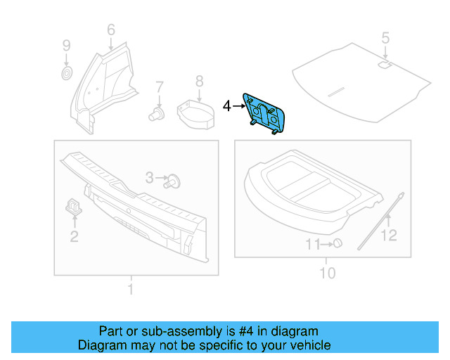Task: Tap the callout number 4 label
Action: [226, 106]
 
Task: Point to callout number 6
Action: [110, 30]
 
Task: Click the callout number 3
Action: [150, 179]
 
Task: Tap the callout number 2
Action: [74, 236]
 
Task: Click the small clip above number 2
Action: [74, 205]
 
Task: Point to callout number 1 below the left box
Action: [130, 289]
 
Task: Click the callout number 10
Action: [328, 273]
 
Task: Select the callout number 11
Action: [312, 244]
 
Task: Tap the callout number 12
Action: [389, 236]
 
